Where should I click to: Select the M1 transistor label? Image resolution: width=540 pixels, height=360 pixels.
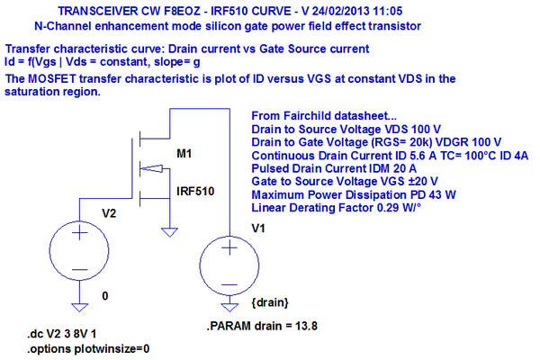[x=184, y=155]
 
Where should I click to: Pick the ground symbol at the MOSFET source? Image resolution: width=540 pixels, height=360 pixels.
[x=171, y=232]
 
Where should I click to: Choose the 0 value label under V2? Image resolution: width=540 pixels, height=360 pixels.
[x=106, y=295]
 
